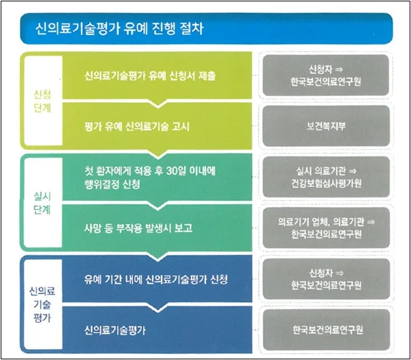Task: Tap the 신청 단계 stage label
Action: pos(42,100)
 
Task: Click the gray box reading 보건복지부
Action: pos(325,126)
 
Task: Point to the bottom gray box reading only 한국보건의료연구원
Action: pos(325,330)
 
